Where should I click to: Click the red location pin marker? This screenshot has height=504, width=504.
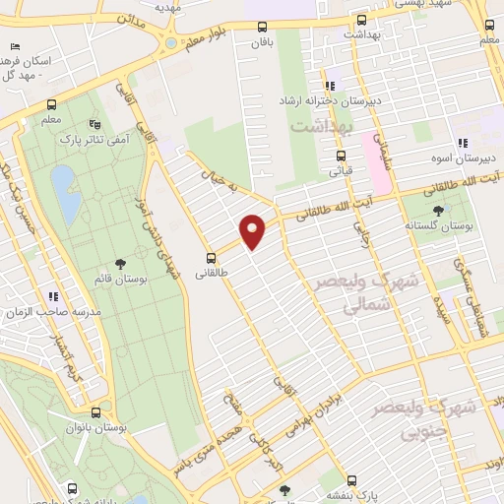[254, 230]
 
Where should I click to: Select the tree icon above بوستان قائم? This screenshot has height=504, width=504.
[120, 263]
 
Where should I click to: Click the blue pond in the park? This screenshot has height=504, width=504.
[65, 192]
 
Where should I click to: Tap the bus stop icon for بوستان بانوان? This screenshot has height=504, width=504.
[95, 413]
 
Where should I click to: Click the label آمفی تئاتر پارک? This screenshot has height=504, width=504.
[94, 141]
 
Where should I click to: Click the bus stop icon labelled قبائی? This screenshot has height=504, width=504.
[341, 155]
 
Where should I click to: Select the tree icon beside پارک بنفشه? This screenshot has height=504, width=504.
[284, 489]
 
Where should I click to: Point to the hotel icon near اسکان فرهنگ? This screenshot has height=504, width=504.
[14, 46]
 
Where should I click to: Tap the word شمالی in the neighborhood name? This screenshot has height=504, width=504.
[338, 307]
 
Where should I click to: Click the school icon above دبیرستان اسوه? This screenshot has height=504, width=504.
[463, 143]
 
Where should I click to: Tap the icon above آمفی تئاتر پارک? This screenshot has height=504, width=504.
[94, 125]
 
